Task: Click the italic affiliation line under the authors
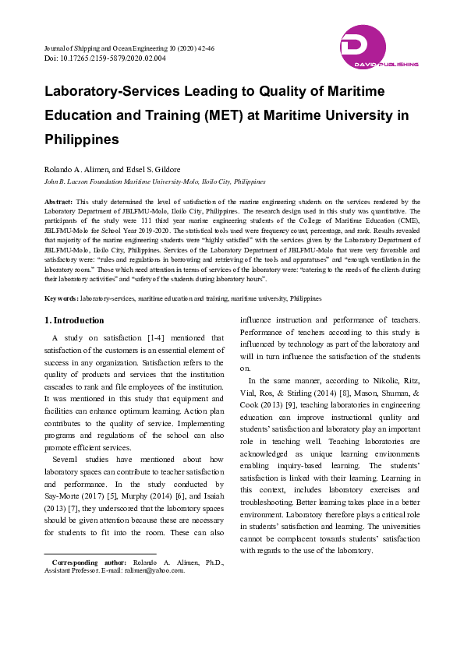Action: (x=154, y=181)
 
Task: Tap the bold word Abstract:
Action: (x=59, y=202)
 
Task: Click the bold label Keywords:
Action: (x=61, y=298)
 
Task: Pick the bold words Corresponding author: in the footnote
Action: (x=88, y=562)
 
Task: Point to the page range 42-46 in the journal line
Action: (x=204, y=48)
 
